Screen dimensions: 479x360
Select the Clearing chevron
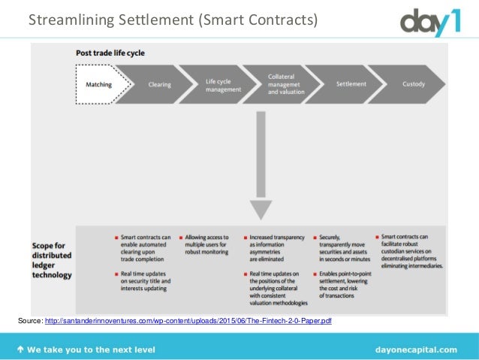click(x=159, y=84)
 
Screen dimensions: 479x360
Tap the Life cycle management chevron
click(x=223, y=84)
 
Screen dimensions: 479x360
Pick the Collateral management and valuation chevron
click(x=286, y=84)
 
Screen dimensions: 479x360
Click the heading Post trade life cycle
click(x=110, y=53)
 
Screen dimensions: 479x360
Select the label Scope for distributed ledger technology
click(x=52, y=260)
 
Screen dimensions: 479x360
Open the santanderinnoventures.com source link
click(x=188, y=322)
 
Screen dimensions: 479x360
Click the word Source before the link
click(x=29, y=322)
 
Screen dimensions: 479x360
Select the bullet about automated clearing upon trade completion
click(x=145, y=249)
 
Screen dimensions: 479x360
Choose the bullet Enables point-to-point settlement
click(x=346, y=283)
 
